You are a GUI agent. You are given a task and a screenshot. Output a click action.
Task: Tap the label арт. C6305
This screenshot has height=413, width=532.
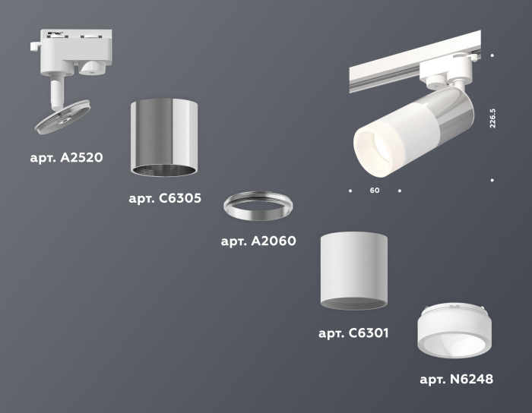pos(165,199)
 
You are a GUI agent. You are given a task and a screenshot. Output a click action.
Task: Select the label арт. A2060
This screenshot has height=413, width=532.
pos(258,241)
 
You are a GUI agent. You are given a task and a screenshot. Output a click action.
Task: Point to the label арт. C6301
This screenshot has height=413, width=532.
pos(353,333)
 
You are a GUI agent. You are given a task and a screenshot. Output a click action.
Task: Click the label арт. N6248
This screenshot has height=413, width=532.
pos(456,379)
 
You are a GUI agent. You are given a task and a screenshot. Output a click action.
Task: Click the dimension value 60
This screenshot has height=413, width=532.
pos(375,191)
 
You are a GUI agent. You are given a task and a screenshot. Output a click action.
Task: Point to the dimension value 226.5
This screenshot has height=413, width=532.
pos(493,117)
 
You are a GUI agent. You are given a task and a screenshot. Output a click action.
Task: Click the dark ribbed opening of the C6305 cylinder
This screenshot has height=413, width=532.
pos(164,169)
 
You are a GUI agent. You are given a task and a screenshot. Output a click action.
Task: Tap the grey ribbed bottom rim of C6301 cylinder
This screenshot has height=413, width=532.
pos(353,304)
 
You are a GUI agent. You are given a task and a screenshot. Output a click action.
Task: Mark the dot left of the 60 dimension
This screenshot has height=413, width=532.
pos(350,191)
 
